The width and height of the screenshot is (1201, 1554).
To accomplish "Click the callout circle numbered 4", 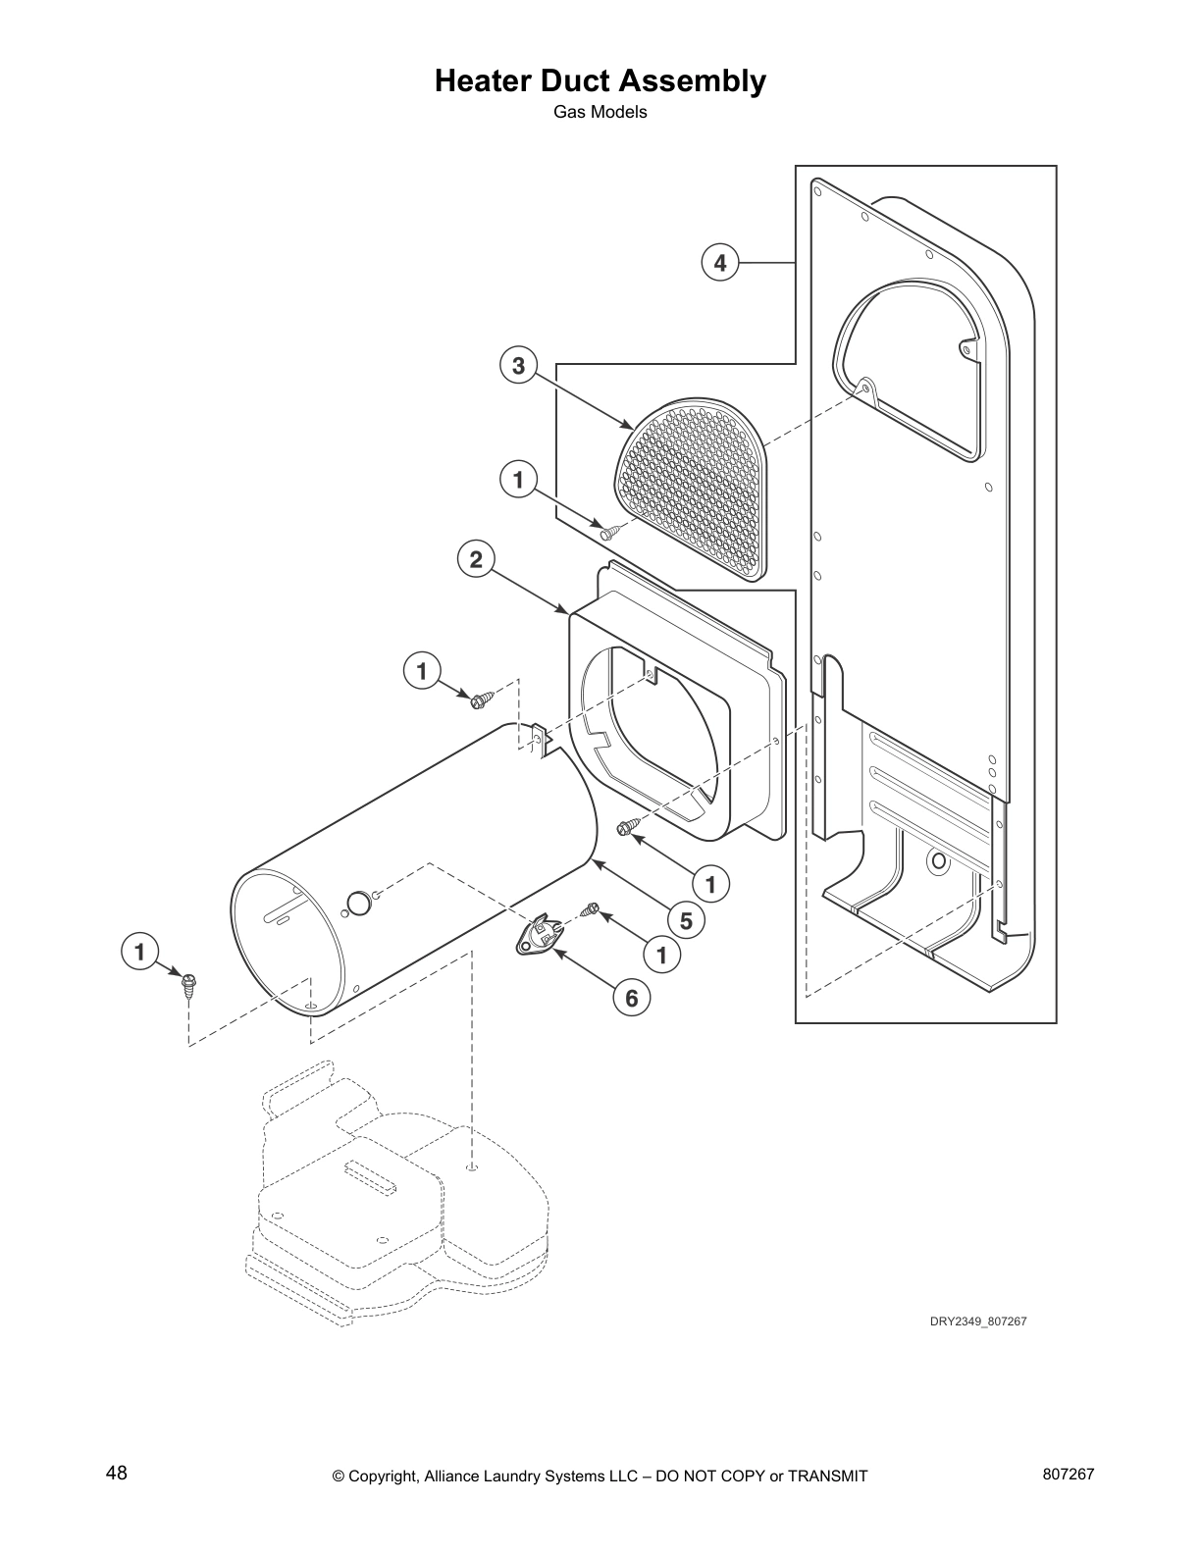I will [x=720, y=263].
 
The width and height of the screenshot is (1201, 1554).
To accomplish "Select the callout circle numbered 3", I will [x=518, y=366].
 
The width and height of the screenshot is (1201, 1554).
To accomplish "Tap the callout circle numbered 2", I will [x=476, y=560].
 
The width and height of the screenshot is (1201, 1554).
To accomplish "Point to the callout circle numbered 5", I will [x=686, y=920].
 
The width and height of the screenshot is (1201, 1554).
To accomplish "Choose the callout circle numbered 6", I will [x=632, y=998].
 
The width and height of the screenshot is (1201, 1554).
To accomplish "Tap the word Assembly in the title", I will [x=689, y=80].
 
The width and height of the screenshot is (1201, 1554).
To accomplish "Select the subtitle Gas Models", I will [x=600, y=112].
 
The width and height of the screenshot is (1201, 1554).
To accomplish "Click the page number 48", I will [x=117, y=1474].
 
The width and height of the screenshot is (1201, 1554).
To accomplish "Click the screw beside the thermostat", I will [x=590, y=909].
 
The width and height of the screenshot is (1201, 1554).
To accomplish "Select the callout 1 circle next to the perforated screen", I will [x=518, y=480].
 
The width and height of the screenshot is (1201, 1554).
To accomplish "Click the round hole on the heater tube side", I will [x=360, y=902].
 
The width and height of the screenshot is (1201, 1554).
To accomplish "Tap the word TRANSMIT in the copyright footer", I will [x=827, y=1476].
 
